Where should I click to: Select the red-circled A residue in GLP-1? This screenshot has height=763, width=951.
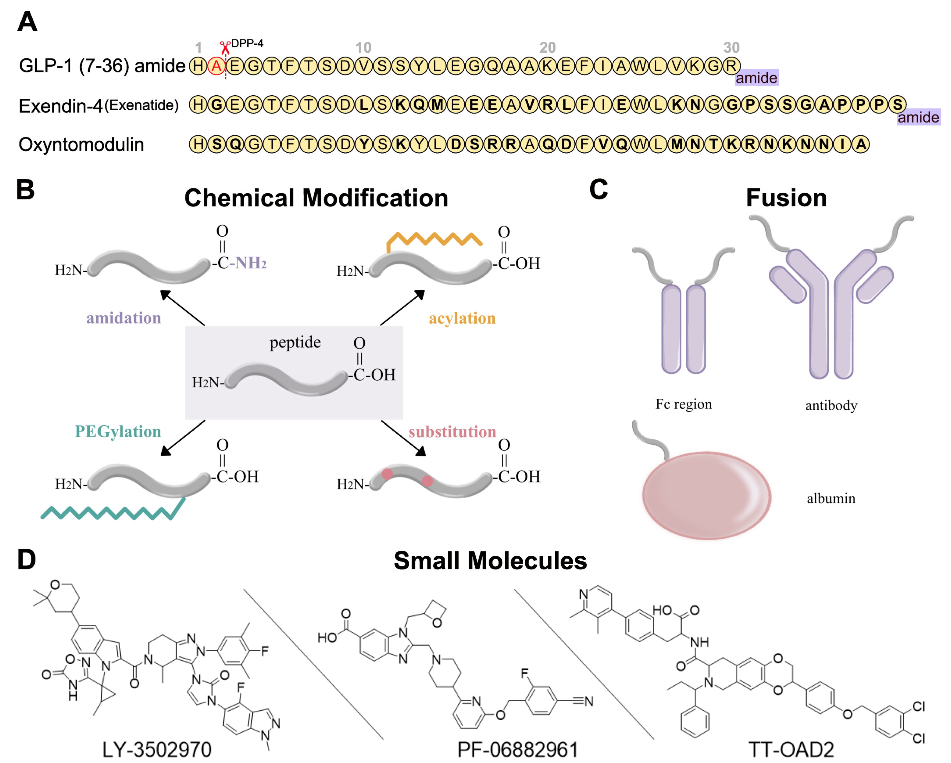(x=216, y=66)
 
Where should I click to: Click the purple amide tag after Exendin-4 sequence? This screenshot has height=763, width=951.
(x=918, y=117)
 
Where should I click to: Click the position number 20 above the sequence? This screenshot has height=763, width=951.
(x=547, y=47)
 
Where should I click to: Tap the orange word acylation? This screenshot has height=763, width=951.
(x=462, y=318)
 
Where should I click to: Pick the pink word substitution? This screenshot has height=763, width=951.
(x=452, y=431)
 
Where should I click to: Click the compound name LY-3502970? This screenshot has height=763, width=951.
(x=157, y=749)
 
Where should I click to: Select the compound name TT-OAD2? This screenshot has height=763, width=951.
(x=791, y=749)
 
